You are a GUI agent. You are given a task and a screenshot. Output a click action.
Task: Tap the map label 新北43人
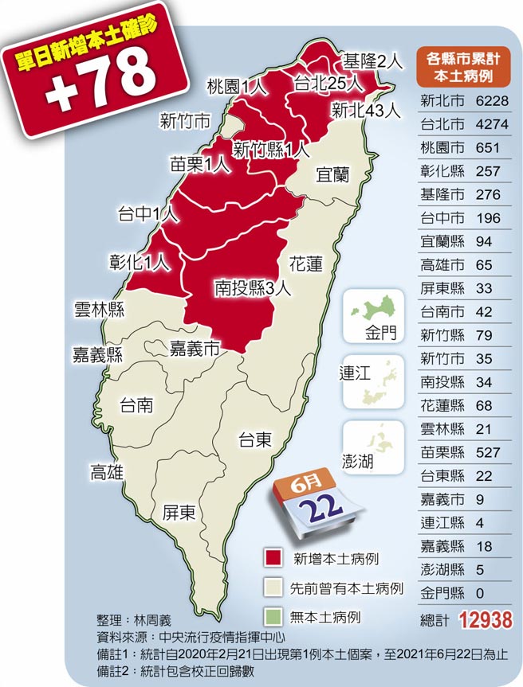366,111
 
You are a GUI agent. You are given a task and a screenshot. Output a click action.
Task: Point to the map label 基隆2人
369,61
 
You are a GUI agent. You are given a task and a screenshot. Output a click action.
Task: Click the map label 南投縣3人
253,288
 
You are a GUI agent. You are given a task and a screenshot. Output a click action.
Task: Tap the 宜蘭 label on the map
332,174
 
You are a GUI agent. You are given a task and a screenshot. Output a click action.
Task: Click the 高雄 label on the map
107,473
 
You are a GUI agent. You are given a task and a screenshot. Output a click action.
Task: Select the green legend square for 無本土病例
272,617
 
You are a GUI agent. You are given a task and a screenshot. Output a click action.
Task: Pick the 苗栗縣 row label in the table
442,452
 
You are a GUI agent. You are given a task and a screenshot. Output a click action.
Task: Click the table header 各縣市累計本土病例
463,67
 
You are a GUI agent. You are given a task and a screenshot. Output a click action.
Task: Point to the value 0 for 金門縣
480,593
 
